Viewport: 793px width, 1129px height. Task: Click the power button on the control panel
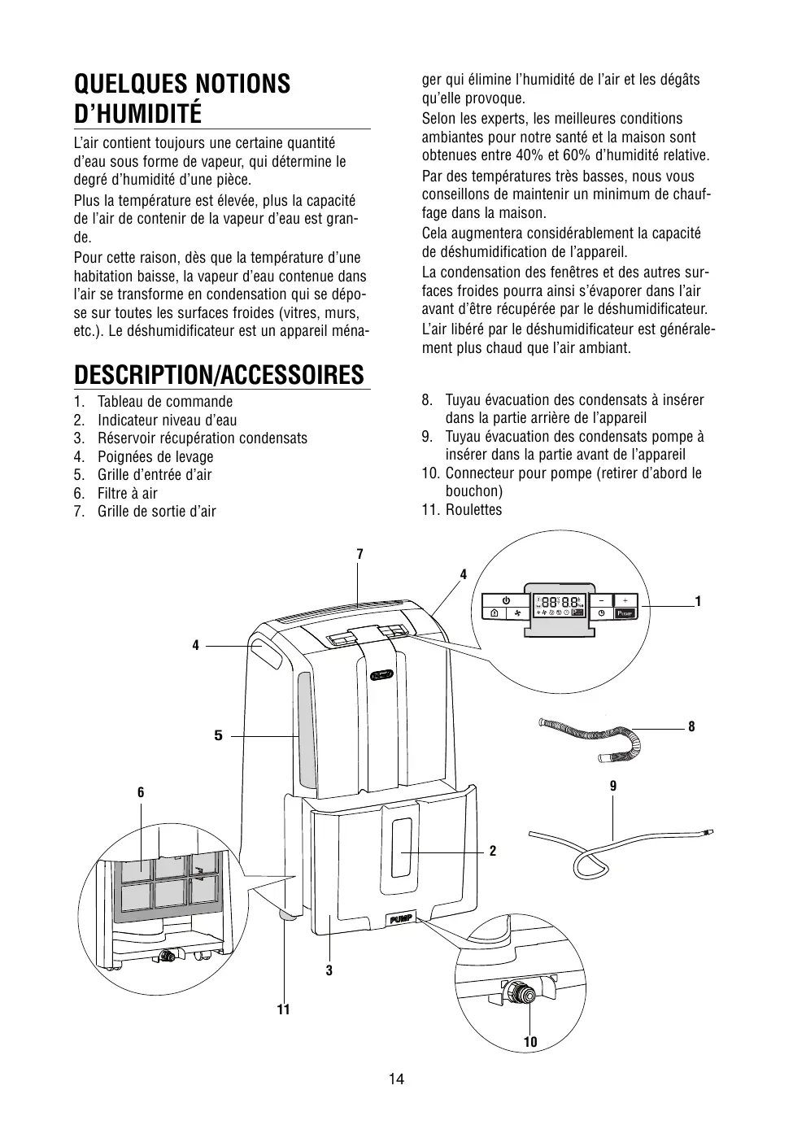(506, 599)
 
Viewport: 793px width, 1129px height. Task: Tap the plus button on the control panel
(625, 599)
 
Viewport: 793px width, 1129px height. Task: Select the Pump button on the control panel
(625, 612)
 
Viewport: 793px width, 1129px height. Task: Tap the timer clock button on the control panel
(601, 612)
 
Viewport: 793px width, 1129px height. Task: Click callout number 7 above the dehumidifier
(359, 554)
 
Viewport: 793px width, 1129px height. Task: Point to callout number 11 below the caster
(283, 1009)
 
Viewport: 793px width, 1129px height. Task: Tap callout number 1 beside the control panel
(698, 601)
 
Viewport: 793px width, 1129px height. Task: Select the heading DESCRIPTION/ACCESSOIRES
(219, 375)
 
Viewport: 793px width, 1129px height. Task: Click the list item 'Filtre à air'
(127, 493)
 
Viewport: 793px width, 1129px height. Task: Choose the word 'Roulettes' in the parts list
(473, 510)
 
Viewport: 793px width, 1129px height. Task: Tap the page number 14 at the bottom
(396, 1079)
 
